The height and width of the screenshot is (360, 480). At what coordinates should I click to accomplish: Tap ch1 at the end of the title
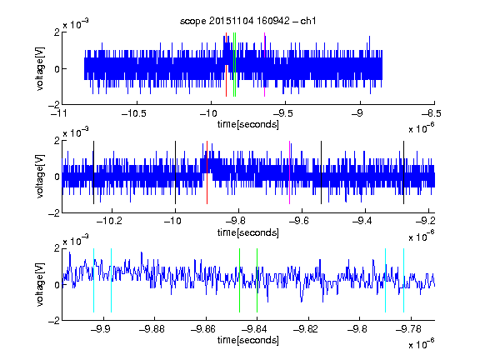coord(308,21)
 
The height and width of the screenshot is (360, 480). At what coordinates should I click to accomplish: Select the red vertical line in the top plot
coord(226,65)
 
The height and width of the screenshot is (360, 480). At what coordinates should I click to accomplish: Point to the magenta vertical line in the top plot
coord(264,65)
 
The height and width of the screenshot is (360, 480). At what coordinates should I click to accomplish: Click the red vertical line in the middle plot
coord(207,172)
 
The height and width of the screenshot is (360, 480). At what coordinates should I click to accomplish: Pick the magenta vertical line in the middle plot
coord(290,172)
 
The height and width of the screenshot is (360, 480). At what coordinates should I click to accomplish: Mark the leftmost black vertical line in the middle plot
coord(93,172)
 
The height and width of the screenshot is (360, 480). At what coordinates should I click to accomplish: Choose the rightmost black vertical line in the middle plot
coord(403,172)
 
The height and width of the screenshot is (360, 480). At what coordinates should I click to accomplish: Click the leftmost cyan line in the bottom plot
coord(93,280)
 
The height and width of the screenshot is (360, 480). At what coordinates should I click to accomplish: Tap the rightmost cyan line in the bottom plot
coord(403,280)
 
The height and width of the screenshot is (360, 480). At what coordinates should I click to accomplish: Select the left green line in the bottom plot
coord(239,280)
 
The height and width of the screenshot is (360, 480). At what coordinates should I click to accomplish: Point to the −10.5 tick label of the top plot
coord(134,113)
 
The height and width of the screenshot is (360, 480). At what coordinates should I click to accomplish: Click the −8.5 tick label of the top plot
coord(432,113)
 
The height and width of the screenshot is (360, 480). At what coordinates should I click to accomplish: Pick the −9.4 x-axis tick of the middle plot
coord(362,221)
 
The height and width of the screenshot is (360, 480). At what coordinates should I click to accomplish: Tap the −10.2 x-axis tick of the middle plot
coord(109,221)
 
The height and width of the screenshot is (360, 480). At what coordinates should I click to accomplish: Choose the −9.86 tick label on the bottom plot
coord(203,329)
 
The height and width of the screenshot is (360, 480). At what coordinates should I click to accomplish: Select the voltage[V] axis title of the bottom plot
coord(40,284)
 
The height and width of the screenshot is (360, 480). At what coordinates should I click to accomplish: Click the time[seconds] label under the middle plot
coord(248,232)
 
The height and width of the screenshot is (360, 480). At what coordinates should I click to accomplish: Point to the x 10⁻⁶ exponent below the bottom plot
coord(422,344)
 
